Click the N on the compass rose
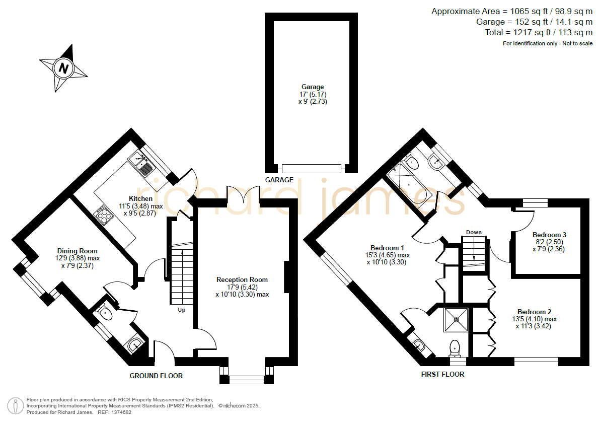[63, 68]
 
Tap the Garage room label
[313, 87]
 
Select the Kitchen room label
[140, 198]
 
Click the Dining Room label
[78, 251]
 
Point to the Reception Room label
[242, 279]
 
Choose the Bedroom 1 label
[387, 248]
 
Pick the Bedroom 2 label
[534, 312]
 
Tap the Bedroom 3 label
[549, 235]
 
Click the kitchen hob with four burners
[103, 214]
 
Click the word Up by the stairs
[181, 310]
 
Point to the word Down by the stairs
[474, 232]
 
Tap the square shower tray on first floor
[456, 320]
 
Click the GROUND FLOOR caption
[156, 376]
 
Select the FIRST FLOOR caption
[443, 374]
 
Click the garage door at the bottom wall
[312, 169]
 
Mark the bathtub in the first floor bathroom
[409, 185]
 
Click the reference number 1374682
[120, 412]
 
